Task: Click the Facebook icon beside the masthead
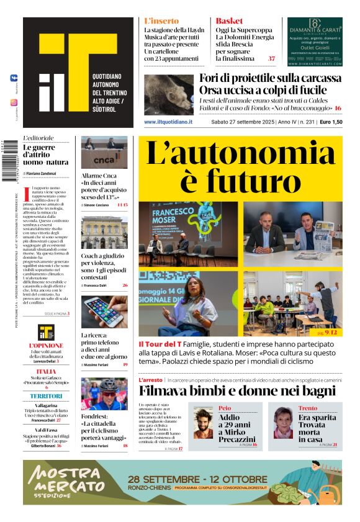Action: (14, 78)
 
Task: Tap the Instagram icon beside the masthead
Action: (14, 102)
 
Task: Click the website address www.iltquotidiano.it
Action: (168, 122)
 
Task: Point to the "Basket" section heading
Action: (229, 20)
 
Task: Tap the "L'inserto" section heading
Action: (161, 20)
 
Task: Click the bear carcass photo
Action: (169, 92)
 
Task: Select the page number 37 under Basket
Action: (271, 59)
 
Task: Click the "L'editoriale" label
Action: (38, 138)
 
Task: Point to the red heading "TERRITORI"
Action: (46, 396)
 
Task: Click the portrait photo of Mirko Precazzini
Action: (203, 424)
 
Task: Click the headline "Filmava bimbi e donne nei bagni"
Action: (237, 391)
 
